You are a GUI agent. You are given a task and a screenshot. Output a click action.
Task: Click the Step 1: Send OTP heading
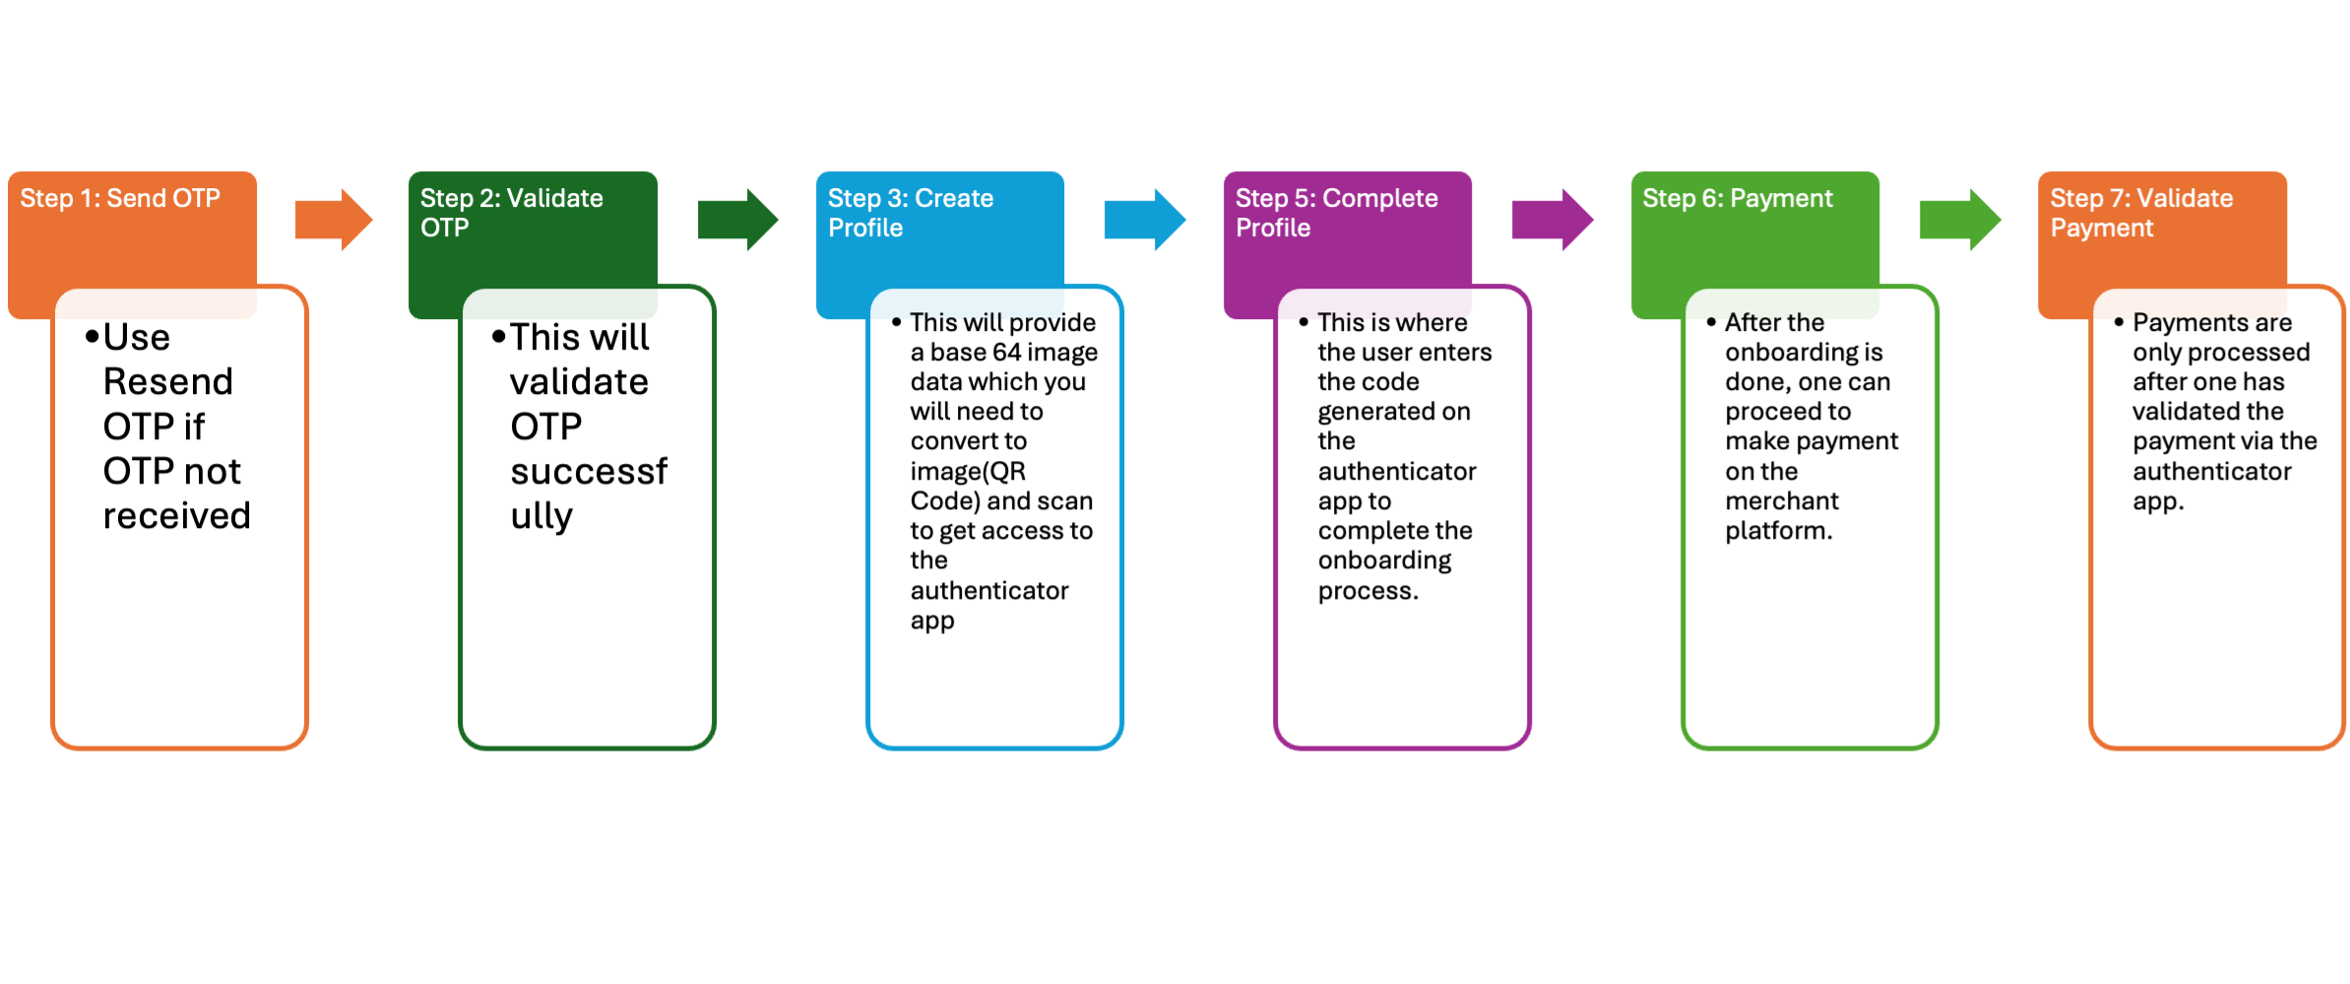120,199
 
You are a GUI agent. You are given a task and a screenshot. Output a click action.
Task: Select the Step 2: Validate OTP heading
511,213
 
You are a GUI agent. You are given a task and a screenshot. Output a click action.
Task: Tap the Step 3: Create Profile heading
910,213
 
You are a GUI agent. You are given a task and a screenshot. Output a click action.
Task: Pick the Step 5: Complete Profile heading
1336,213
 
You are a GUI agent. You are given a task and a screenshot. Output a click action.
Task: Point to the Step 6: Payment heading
1737,199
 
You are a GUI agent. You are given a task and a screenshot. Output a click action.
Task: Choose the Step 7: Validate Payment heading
2140,213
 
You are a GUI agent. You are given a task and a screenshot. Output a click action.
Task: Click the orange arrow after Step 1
334,220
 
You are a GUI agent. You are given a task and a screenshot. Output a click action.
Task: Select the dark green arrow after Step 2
737,220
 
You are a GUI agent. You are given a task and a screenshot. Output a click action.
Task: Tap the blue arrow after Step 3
1145,220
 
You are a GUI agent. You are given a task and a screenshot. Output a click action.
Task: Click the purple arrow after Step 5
1553,220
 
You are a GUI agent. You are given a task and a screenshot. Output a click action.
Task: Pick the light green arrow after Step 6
1960,220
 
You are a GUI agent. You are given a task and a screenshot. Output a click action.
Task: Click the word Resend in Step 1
168,382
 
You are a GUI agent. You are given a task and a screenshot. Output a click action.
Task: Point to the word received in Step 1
177,516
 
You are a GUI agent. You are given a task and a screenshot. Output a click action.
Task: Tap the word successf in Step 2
589,472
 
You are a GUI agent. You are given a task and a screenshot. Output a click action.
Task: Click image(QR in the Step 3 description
968,472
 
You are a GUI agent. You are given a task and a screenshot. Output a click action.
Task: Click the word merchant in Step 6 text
1782,501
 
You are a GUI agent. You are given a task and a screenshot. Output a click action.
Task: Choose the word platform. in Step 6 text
1779,532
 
